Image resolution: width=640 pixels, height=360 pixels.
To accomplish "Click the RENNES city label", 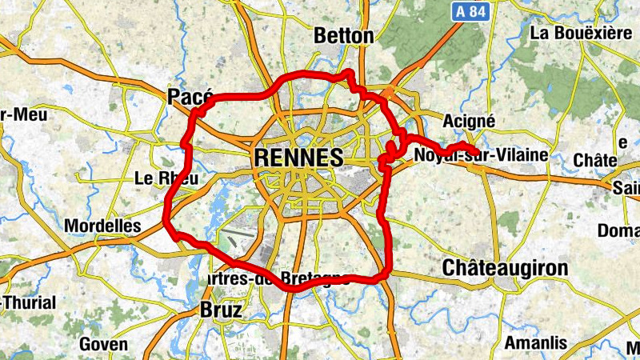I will click(298, 158).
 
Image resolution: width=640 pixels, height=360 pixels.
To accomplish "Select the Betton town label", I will click(344, 36).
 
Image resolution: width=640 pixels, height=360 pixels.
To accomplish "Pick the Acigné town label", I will click(469, 121).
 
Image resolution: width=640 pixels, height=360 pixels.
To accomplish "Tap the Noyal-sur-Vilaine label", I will click(481, 155).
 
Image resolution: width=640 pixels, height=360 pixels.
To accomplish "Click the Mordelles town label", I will click(102, 226).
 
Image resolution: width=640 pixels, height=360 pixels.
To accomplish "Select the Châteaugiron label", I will click(505, 267).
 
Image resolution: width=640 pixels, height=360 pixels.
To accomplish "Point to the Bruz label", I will click(220, 310).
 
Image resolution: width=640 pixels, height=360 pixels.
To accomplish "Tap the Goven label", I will click(103, 345).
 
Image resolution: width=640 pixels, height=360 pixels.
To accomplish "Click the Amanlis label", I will click(535, 344).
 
